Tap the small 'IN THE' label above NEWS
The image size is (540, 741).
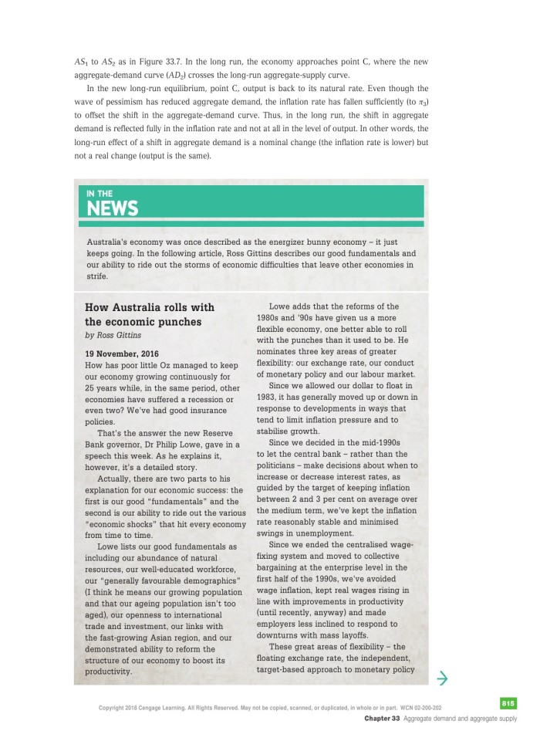point(100,193)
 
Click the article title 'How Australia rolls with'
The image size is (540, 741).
point(149,307)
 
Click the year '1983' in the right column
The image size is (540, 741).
point(269,397)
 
